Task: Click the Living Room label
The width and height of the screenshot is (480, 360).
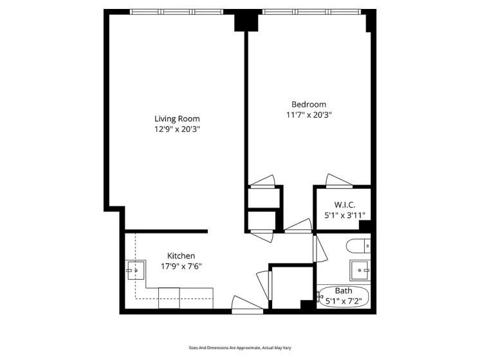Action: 177,118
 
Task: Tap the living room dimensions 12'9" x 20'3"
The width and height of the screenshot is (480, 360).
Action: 177,129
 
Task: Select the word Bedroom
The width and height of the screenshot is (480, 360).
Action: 309,104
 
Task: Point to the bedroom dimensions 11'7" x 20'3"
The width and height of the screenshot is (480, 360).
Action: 309,115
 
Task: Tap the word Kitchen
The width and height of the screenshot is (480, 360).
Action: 181,255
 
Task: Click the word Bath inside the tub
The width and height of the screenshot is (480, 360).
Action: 344,291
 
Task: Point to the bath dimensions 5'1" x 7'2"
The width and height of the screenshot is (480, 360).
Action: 344,300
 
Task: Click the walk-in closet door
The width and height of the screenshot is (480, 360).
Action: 337,181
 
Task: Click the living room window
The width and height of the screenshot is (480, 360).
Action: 176,12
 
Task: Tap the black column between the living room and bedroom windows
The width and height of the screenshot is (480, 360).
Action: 246,21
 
